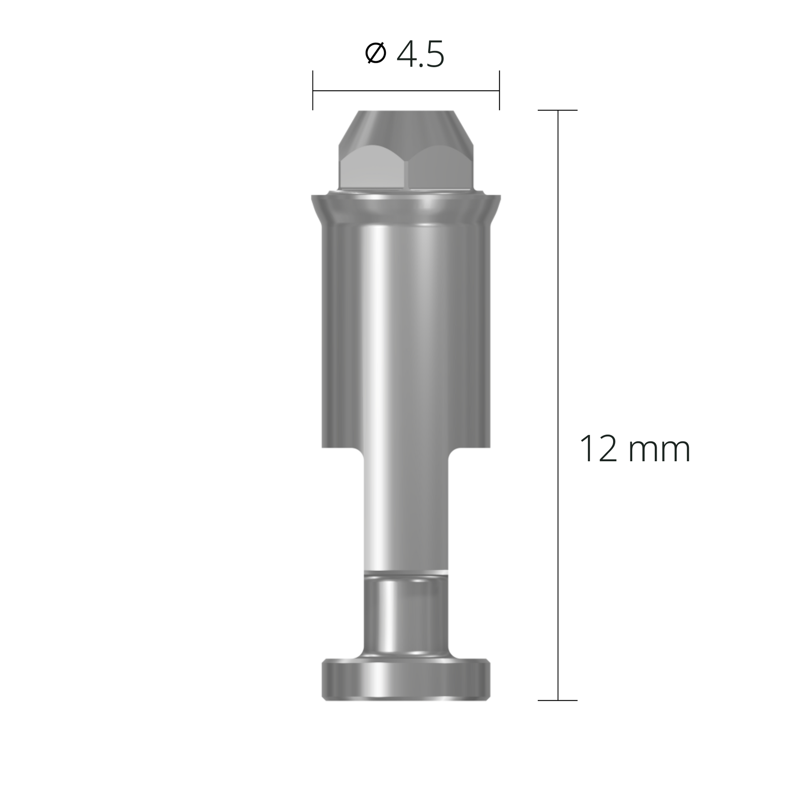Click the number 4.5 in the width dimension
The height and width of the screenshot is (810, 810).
[420, 55]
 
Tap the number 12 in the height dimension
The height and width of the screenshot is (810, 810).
[598, 449]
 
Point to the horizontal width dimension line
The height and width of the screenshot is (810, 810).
[406, 90]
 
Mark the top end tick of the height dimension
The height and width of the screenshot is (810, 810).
[558, 110]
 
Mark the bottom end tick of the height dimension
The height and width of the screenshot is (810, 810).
[558, 700]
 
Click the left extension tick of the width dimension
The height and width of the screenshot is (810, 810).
[313, 90]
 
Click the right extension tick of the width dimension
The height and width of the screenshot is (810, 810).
[499, 90]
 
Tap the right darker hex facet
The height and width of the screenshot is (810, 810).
[440, 170]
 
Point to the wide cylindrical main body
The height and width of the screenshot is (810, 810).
[406, 335]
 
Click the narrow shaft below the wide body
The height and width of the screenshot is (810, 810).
[406, 512]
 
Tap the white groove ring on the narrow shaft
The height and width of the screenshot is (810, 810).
[406, 572]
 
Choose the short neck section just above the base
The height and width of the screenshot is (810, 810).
[406, 616]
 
